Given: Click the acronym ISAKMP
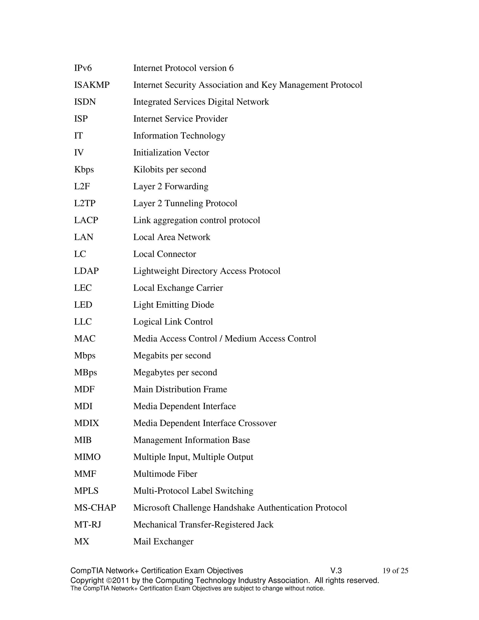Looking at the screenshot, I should click(92, 85).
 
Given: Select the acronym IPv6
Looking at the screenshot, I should click(83, 68).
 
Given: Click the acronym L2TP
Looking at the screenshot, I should click(85, 203).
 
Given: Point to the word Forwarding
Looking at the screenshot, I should click(186, 186).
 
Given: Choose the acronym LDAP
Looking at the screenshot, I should click(86, 271).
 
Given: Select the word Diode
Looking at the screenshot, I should click(203, 305).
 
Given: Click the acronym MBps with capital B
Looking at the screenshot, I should click(85, 372).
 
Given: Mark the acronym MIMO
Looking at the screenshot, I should click(87, 457).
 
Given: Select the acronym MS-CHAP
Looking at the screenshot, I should click(95, 508).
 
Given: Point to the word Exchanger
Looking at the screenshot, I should click(173, 542).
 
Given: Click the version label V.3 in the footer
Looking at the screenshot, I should click(336, 571).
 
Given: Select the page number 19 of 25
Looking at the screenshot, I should click(395, 571).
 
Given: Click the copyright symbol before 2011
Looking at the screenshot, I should click(109, 580).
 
